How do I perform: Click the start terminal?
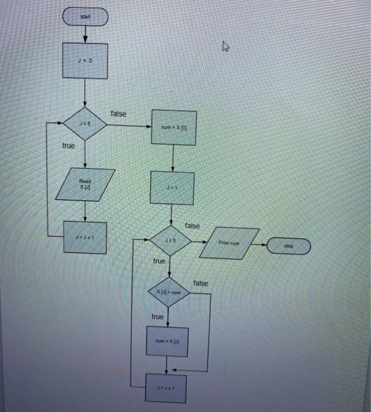(x=85, y=18)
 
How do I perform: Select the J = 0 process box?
(x=85, y=61)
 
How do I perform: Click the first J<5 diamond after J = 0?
(x=85, y=124)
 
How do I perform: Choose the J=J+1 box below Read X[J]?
(x=85, y=238)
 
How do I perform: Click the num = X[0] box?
(x=173, y=127)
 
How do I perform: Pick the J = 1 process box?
(x=171, y=188)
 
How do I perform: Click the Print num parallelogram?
(x=230, y=242)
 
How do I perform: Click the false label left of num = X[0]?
(x=118, y=114)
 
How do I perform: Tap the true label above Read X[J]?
(x=68, y=145)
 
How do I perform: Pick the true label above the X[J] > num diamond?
(x=159, y=261)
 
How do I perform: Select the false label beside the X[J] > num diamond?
(x=200, y=283)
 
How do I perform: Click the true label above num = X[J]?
(x=157, y=317)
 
